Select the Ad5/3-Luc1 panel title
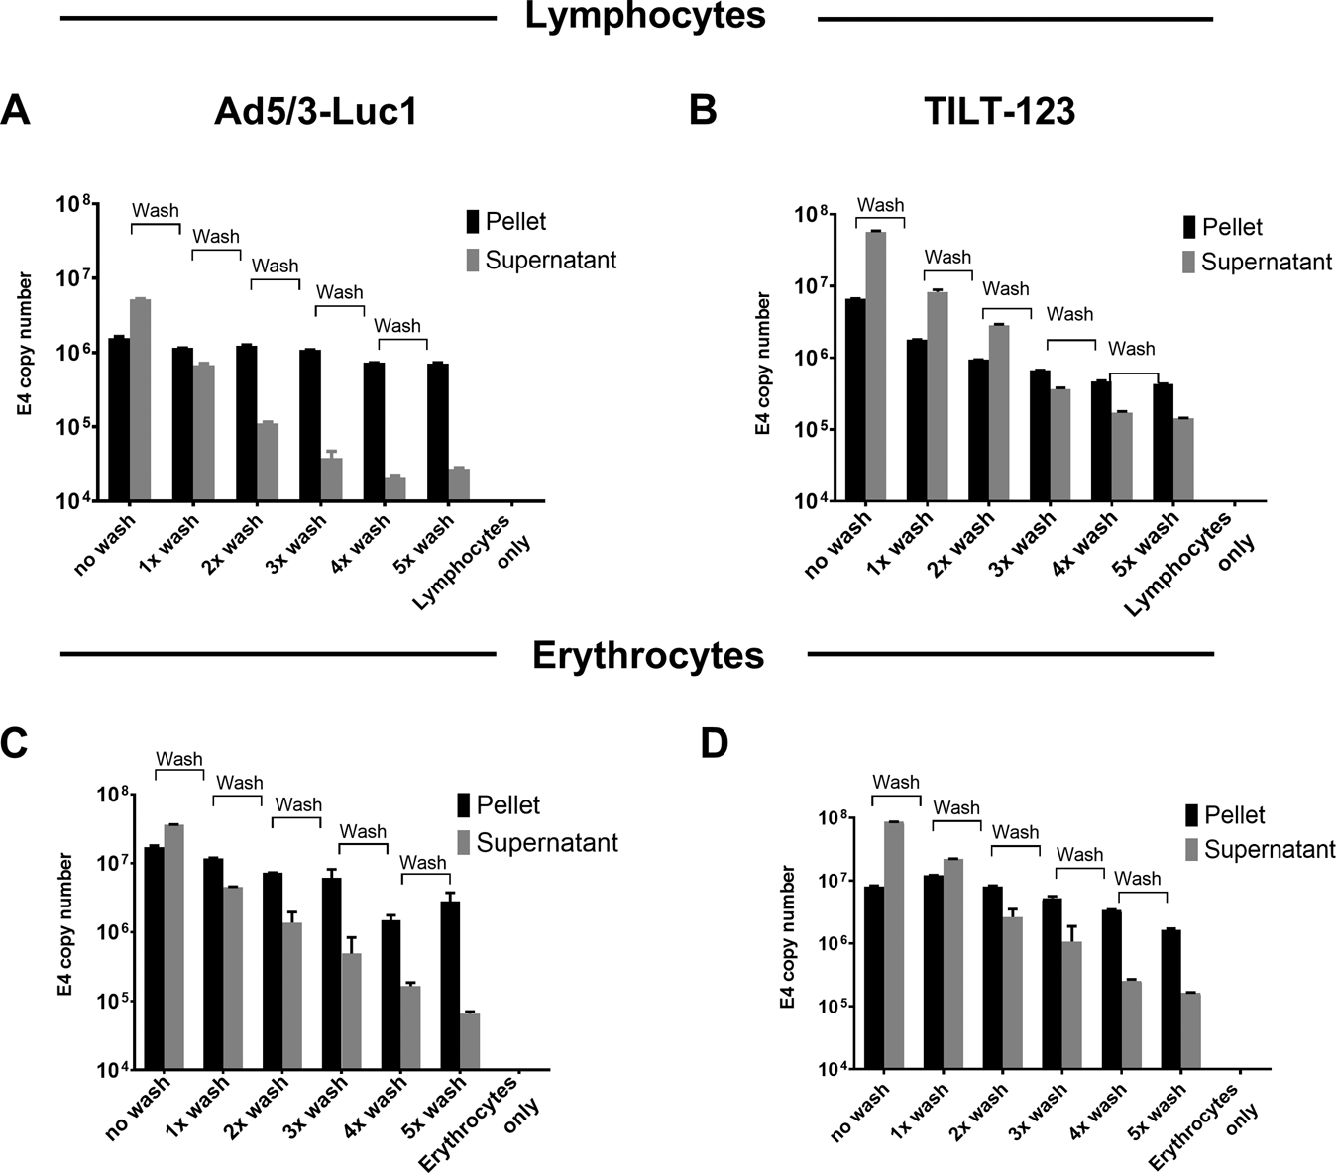(x=315, y=113)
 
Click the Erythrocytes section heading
(x=648, y=655)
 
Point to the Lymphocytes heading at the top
(x=645, y=17)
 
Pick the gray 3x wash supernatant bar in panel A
(x=331, y=480)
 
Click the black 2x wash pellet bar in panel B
(x=978, y=430)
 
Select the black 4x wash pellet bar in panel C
(x=391, y=994)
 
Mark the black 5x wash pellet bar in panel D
(x=1170, y=999)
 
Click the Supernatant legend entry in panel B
(x=1256, y=262)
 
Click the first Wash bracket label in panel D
(x=896, y=783)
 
